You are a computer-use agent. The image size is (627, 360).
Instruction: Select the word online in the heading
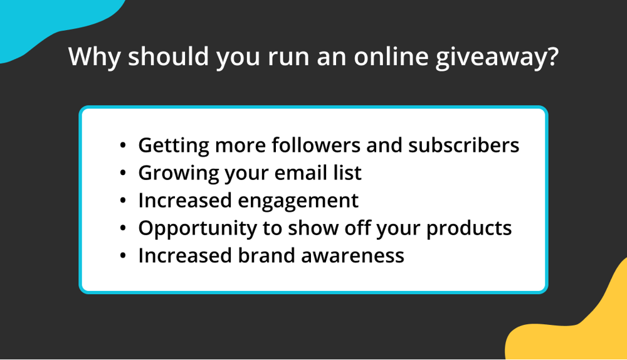384,58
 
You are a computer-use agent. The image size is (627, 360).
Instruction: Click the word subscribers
463,145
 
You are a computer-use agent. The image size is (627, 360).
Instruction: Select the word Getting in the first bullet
173,146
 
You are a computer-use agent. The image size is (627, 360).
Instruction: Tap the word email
286,172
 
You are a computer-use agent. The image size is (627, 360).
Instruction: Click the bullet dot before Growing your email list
124,174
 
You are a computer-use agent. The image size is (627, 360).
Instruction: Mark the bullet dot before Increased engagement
124,201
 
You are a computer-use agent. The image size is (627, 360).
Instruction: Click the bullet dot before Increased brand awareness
124,257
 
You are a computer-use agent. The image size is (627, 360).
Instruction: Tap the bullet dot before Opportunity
124,229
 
